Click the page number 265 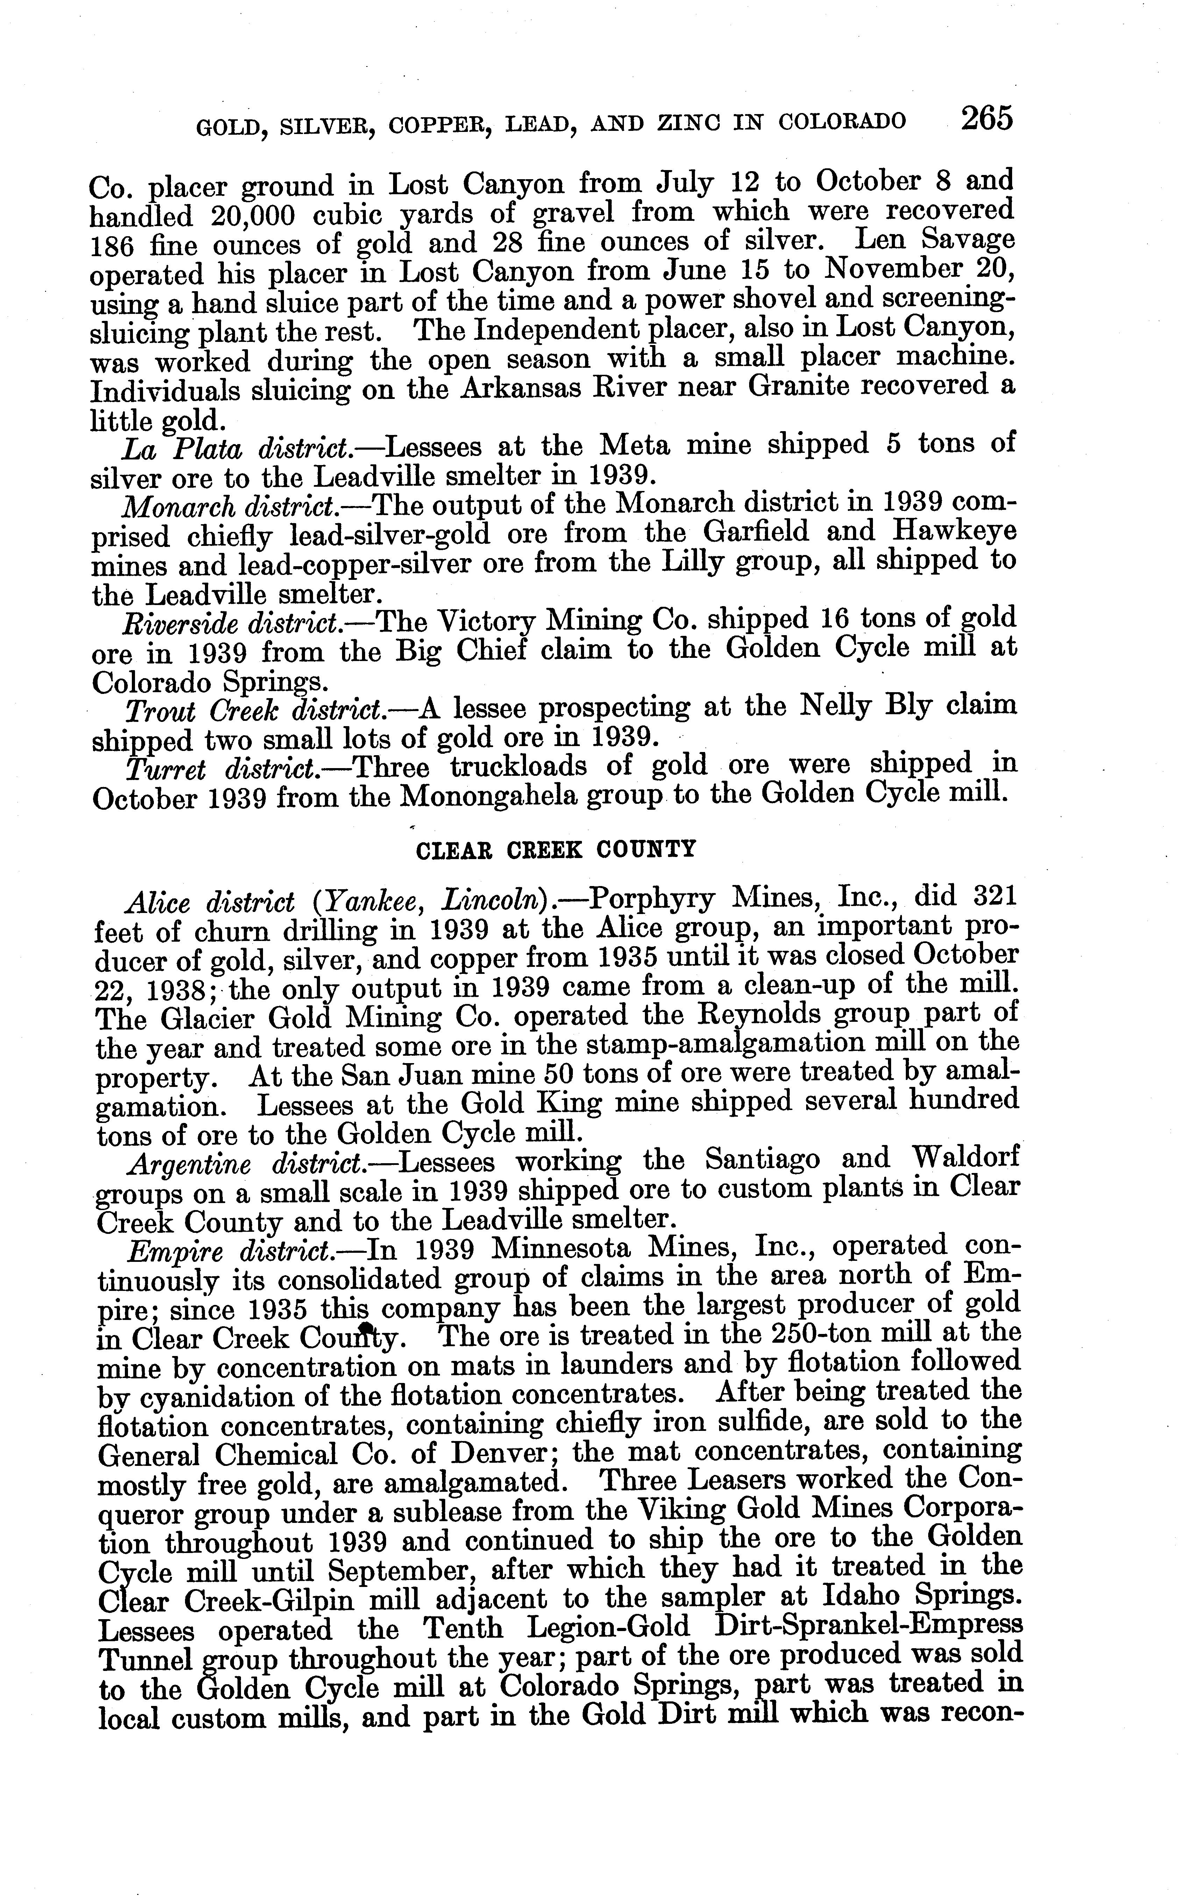pos(987,119)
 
